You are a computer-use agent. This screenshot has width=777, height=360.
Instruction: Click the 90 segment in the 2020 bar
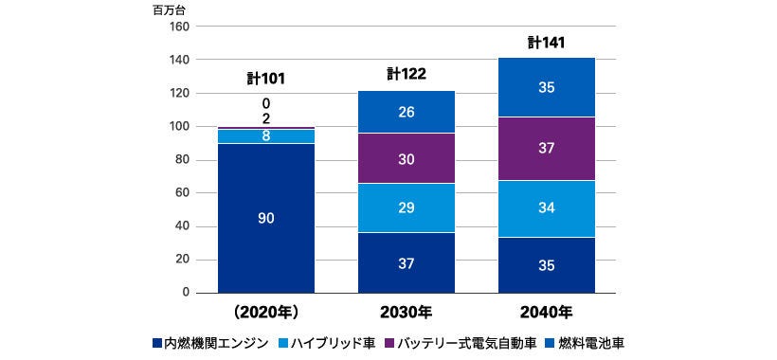tap(266, 218)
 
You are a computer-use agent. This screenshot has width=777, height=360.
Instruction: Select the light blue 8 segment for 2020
tap(266, 136)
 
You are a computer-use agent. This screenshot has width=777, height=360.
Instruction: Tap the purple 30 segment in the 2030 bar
tap(407, 159)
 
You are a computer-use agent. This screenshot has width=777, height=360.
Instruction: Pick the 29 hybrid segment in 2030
tap(407, 207)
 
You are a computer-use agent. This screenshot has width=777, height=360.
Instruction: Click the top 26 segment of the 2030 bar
tap(407, 112)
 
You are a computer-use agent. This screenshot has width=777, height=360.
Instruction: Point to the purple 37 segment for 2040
tap(547, 149)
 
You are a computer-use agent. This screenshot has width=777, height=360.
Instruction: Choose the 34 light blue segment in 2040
tap(547, 208)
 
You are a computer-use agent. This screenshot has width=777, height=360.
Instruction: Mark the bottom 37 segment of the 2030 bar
tap(407, 264)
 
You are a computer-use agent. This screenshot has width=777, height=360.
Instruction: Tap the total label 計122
tap(407, 74)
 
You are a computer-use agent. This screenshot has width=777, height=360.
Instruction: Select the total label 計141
tap(547, 42)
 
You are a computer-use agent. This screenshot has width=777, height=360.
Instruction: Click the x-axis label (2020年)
tap(266, 312)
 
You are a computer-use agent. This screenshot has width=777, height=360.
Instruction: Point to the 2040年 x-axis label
tap(547, 312)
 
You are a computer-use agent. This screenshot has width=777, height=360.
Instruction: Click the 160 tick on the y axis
tap(178, 27)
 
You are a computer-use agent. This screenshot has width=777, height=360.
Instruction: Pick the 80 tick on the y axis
tap(181, 160)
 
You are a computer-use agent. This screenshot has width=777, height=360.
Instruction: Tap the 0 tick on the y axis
tap(185, 293)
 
